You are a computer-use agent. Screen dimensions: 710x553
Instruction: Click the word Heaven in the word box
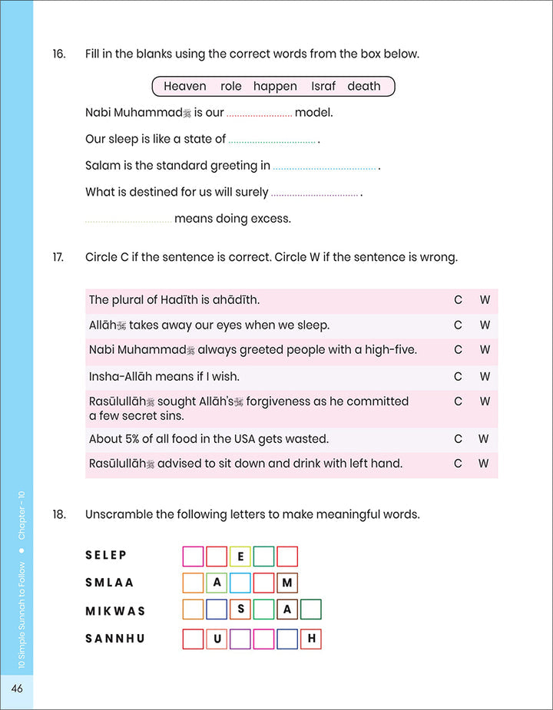point(184,86)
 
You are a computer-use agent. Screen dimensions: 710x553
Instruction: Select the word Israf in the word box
point(323,86)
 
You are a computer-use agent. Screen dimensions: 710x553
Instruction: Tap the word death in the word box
point(364,86)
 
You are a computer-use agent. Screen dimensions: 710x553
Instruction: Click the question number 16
point(59,54)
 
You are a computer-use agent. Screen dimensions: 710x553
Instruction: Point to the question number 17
point(59,257)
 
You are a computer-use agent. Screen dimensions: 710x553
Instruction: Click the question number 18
point(59,514)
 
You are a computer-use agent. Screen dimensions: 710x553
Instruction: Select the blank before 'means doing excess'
point(128,220)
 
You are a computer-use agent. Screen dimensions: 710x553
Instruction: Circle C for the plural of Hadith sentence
point(458,300)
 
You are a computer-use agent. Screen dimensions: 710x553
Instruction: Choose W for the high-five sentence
point(485,350)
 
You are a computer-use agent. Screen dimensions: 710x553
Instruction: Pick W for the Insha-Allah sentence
point(485,376)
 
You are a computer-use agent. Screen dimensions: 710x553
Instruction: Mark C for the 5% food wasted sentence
point(458,439)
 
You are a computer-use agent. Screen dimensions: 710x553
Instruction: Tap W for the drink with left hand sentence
point(483,464)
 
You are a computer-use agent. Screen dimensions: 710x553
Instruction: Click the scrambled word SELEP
point(106,555)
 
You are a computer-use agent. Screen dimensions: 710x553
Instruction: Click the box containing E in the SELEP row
point(240,556)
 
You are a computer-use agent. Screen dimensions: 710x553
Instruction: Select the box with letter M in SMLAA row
point(287,583)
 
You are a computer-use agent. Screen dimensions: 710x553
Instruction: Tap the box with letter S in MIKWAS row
point(240,610)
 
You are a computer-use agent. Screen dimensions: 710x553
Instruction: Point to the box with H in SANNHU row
point(311,639)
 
